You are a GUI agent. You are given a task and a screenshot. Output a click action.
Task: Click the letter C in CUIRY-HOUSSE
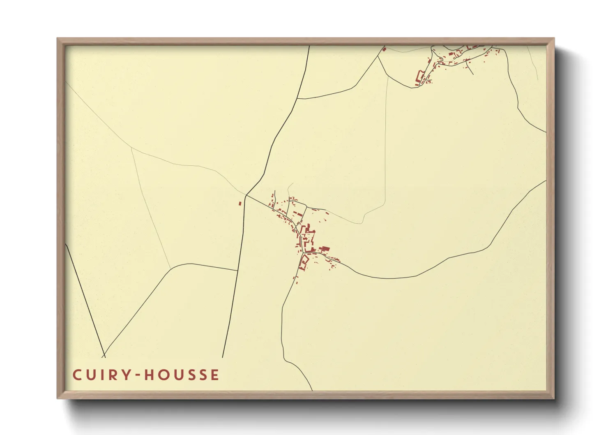point(77,375)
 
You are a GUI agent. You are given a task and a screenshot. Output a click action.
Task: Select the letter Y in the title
point(124,375)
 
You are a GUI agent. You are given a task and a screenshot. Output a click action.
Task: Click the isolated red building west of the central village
point(240,203)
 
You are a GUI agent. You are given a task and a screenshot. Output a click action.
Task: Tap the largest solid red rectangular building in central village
point(325,248)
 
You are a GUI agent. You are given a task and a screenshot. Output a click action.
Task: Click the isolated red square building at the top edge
point(385,49)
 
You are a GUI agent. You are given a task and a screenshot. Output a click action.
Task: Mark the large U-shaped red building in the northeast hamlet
point(420,77)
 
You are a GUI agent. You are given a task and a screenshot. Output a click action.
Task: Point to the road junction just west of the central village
point(246,195)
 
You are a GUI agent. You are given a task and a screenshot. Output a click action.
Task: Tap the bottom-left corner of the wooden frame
point(58,398)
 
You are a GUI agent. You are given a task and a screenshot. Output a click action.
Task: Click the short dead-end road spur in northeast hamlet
point(470,70)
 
